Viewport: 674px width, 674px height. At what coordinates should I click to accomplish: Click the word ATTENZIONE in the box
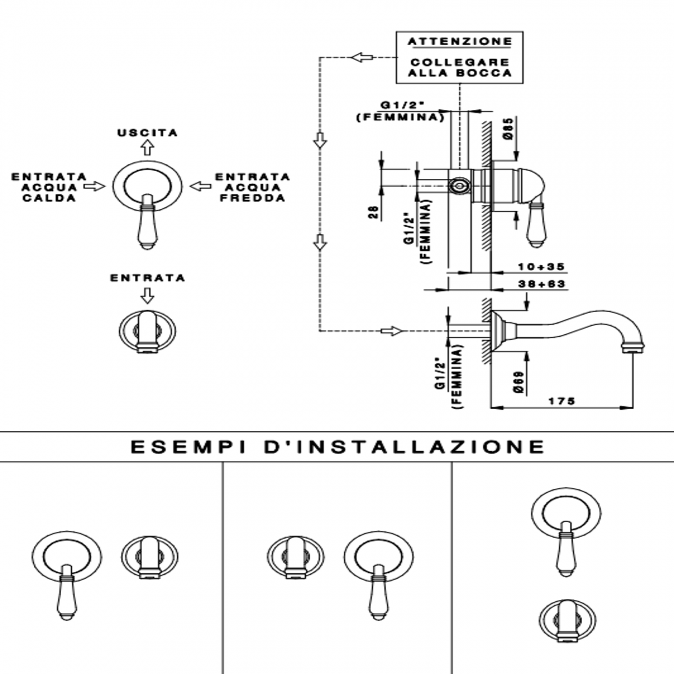[459, 41]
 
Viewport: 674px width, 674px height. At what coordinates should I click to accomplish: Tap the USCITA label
[148, 133]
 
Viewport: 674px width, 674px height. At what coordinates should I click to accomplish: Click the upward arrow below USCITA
[148, 148]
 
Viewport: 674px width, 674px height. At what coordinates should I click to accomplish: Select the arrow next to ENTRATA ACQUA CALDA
[94, 186]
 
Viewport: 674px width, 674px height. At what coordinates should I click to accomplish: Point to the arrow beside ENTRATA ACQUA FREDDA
[201, 186]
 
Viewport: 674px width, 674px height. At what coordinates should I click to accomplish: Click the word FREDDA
[252, 198]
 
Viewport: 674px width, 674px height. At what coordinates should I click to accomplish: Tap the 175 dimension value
[562, 401]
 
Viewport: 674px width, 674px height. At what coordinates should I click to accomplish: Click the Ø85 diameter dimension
[509, 128]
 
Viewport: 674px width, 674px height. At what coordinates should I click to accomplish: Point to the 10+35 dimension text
[541, 267]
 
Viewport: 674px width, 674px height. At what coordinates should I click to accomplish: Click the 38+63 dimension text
[541, 284]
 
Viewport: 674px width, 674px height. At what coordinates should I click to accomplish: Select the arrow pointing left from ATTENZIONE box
[361, 57]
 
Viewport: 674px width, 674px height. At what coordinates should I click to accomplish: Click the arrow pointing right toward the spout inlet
[391, 331]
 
